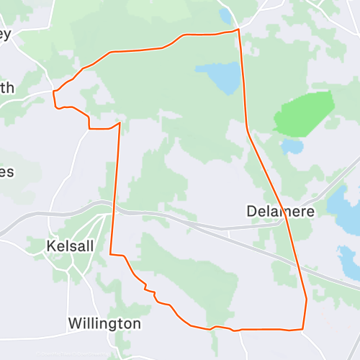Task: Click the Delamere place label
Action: click(x=282, y=211)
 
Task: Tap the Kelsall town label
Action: click(x=70, y=246)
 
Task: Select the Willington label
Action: click(x=104, y=323)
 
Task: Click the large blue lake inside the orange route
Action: click(x=220, y=77)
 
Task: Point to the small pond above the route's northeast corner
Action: click(x=225, y=15)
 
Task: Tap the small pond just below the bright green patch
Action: click(x=292, y=147)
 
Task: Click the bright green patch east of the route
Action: click(x=305, y=113)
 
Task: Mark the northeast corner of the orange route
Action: click(x=238, y=30)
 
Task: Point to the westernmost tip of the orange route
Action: click(x=54, y=92)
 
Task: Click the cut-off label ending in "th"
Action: click(x=6, y=89)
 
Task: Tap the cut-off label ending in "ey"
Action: click(x=6, y=37)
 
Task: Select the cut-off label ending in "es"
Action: click(x=6, y=172)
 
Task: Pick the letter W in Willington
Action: click(x=74, y=323)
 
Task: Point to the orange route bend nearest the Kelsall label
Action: click(x=111, y=253)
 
